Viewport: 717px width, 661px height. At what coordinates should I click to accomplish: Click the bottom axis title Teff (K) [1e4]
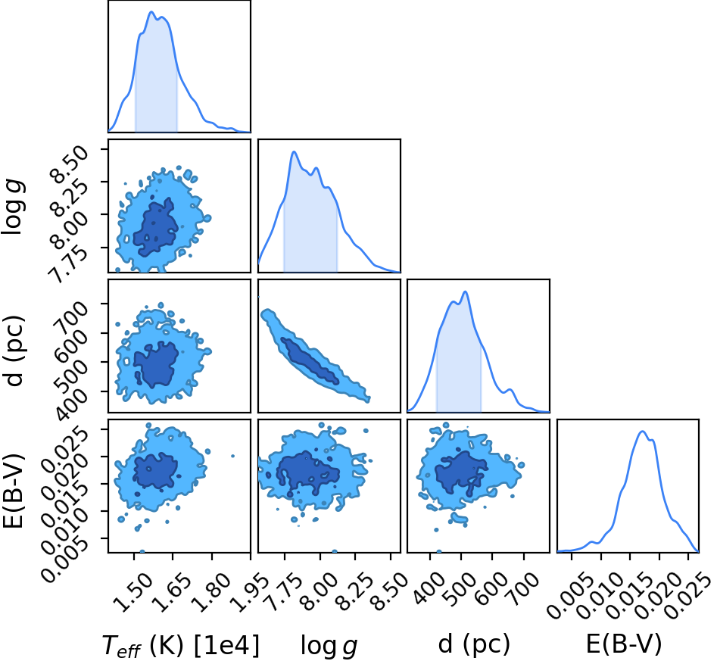[x=181, y=645]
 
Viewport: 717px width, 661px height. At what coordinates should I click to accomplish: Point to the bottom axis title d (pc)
[x=474, y=644]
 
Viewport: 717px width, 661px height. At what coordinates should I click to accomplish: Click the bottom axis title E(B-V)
[x=624, y=644]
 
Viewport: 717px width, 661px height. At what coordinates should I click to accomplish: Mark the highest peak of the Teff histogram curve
[x=151, y=12]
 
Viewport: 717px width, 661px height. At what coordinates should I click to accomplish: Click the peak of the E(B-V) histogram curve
[x=643, y=432]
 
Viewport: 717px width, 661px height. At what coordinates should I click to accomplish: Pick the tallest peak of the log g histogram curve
[x=294, y=152]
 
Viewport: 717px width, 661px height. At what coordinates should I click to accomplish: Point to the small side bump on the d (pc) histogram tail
[x=510, y=390]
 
